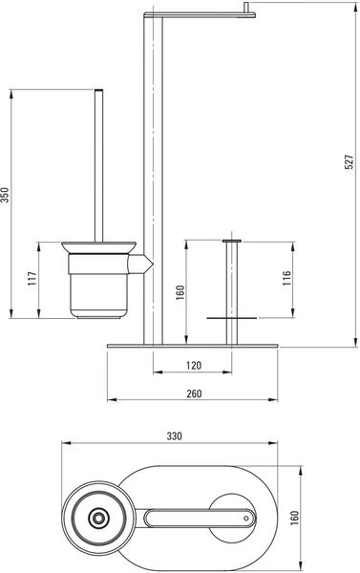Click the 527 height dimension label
(349, 161)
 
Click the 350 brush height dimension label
(4, 195)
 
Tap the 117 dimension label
(32, 279)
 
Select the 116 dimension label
(286, 278)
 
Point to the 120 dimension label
(194, 365)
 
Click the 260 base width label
(194, 393)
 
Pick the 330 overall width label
(174, 436)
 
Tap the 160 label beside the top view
(294, 518)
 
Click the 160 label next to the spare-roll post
(180, 293)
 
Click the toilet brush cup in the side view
(98, 285)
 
